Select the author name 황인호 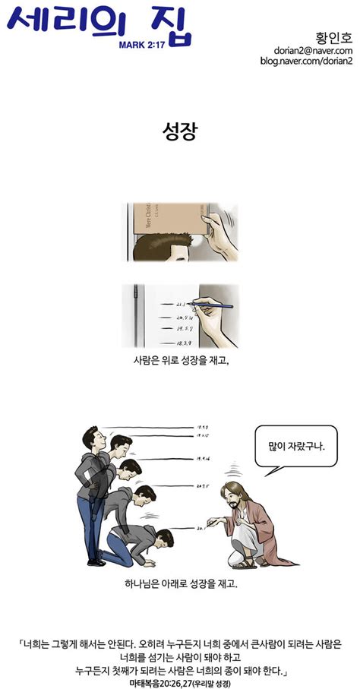point(330,37)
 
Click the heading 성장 point(180,131)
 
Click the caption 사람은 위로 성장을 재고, point(180,361)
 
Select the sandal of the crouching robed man point(242,564)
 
